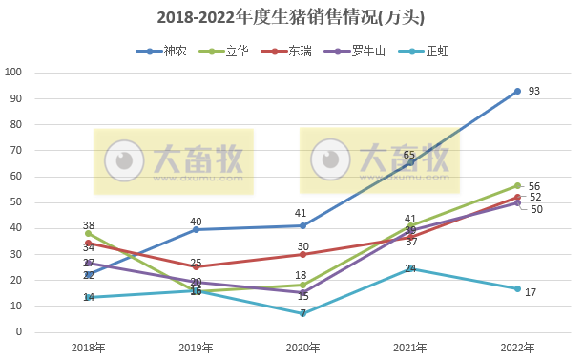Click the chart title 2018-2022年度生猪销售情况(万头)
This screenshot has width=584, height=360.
(291, 18)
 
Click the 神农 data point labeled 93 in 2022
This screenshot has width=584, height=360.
(517, 91)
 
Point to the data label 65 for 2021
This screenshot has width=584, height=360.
(409, 154)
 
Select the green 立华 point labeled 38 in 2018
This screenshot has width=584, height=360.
(89, 233)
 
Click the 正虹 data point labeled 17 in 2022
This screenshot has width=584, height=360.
(517, 288)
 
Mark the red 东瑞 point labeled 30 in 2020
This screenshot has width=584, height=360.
(302, 254)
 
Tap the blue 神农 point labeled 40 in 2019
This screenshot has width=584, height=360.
(196, 229)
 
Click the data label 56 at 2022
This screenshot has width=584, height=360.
(534, 186)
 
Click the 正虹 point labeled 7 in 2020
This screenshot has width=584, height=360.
(302, 313)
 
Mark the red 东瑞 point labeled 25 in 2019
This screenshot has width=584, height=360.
(196, 267)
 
